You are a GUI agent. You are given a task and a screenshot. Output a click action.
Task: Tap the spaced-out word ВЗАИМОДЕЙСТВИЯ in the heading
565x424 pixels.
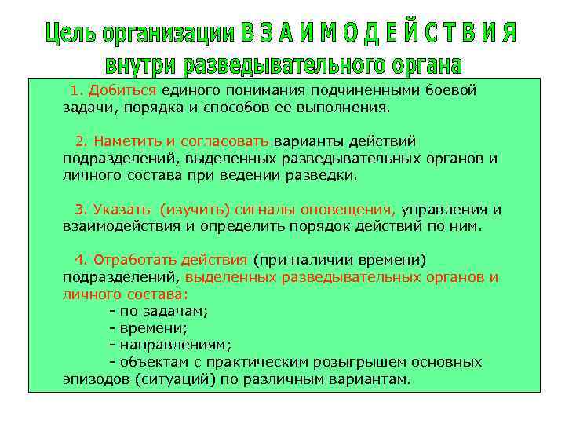[379, 34]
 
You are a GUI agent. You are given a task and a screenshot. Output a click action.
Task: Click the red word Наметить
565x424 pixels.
[128, 141]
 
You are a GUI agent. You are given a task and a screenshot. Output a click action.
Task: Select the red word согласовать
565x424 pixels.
[225, 141]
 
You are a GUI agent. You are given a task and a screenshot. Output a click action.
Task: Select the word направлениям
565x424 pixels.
[175, 345]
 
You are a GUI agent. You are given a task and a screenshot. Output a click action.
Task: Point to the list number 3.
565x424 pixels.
[79, 210]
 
